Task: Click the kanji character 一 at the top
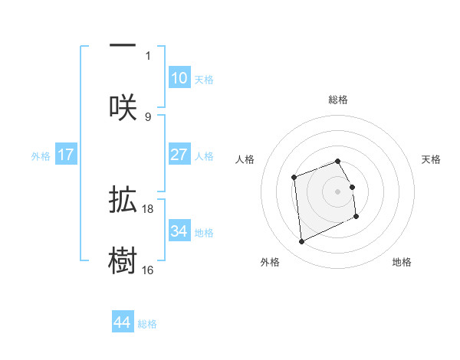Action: click(123, 46)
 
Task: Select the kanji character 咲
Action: click(123, 107)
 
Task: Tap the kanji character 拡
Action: click(123, 201)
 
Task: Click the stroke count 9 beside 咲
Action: click(148, 116)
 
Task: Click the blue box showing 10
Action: click(179, 78)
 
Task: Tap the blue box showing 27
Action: click(179, 155)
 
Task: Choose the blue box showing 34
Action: click(179, 231)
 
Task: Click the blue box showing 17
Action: click(66, 155)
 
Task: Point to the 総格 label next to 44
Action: click(147, 324)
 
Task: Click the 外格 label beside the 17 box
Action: click(41, 155)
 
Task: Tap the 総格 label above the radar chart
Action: click(338, 100)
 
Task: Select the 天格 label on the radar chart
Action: click(432, 159)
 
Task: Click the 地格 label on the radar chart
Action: click(402, 262)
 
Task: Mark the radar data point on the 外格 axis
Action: click(301, 242)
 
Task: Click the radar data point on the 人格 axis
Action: click(294, 178)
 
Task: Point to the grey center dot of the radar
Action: click(338, 191)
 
